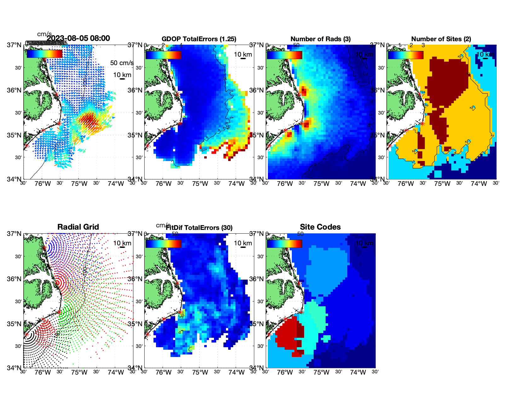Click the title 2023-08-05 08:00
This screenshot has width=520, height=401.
click(78, 38)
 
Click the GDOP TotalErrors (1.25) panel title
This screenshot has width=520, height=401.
click(199, 39)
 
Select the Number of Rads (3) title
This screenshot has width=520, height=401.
click(321, 39)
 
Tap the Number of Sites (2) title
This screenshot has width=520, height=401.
click(441, 39)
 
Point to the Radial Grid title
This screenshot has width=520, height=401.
click(78, 227)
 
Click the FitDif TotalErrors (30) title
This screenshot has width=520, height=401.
click(199, 228)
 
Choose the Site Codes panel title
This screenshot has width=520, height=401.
click(320, 227)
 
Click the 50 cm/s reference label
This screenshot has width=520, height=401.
click(122, 63)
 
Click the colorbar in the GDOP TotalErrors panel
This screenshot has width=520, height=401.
click(163, 55)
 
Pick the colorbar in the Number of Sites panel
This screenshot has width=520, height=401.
click(406, 55)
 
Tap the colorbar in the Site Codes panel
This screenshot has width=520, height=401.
click(284, 243)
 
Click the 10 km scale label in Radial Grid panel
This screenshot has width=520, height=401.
click(122, 243)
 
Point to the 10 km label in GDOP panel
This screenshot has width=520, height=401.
click(243, 54)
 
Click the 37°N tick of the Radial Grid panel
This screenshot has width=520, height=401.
click(14, 234)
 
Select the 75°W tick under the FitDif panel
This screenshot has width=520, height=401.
click(200, 373)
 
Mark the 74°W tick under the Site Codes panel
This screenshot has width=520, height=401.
click(358, 373)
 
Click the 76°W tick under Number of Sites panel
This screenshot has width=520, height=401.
click(406, 184)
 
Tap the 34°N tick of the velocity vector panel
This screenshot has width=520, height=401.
click(14, 179)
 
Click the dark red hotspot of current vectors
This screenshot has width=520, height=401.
click(86, 120)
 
